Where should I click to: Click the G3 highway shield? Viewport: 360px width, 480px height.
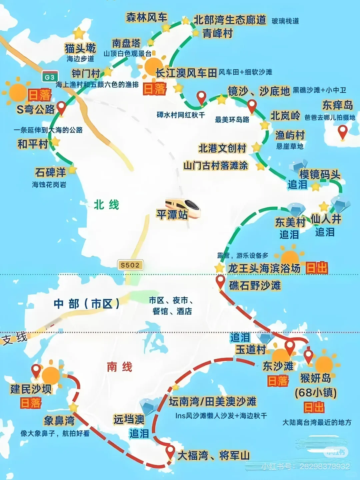point(50,77)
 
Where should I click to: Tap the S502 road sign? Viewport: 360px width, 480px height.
point(130,265)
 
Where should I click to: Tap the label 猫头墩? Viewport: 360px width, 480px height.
point(80,48)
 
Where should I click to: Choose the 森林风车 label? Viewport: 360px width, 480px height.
point(147,17)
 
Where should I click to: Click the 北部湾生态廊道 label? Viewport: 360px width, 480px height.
point(230,20)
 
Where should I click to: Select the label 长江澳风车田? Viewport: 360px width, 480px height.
point(186,73)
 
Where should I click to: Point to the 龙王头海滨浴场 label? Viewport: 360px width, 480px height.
point(264,268)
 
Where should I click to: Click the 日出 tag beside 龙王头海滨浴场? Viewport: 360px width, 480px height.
point(317,268)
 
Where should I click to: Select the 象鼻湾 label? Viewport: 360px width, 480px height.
point(59,421)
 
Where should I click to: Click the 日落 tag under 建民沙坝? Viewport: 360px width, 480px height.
point(31,403)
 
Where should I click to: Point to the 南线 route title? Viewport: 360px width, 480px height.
point(120,367)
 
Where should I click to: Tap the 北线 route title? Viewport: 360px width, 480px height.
point(106,205)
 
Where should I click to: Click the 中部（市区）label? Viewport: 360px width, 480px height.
point(87,304)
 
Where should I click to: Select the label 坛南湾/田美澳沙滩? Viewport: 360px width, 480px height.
point(213,401)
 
